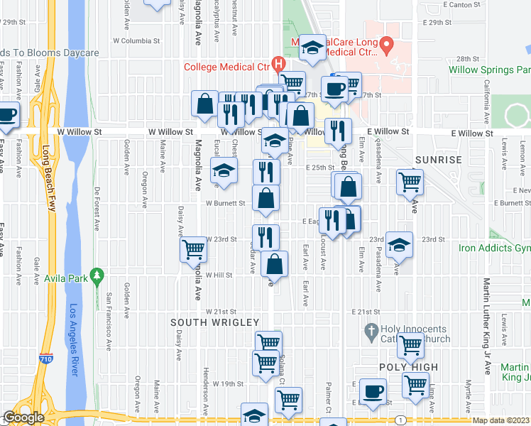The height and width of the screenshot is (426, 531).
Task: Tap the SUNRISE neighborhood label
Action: [440, 160]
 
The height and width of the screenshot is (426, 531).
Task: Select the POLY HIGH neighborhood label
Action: [408, 367]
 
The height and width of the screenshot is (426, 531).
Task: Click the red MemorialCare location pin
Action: [386, 46]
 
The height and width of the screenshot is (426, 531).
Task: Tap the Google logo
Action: [23, 417]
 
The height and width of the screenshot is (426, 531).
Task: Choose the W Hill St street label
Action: [219, 275]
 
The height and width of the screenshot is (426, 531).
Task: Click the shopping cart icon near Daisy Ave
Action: [193, 248]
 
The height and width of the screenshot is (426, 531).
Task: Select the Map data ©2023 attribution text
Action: [500, 420]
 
